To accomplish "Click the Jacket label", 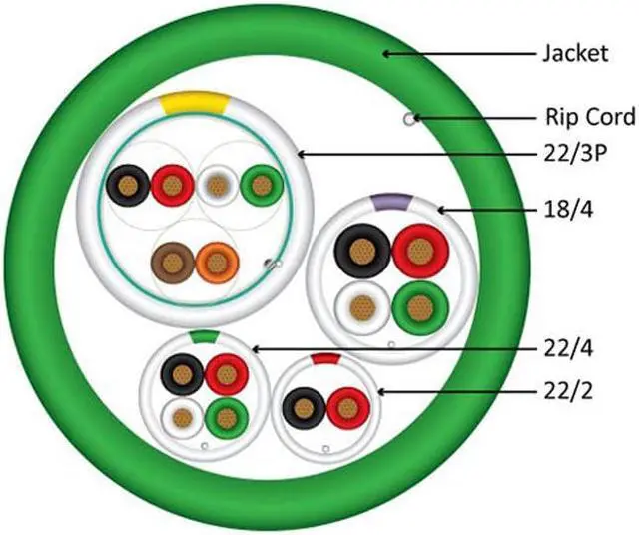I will pos(573,53).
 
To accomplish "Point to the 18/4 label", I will pos(564,211).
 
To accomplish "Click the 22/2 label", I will pos(565,391).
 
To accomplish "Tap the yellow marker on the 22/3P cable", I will pos(198,101).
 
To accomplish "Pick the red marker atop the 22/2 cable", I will pos(325,357).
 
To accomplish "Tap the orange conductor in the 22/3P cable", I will pos(214,263).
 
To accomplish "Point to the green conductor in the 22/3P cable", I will pos(261,185).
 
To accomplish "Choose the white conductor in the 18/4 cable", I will pos(360,306).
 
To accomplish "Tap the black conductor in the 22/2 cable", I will pos(304,407).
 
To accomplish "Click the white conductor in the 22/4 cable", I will pos(182,416).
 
